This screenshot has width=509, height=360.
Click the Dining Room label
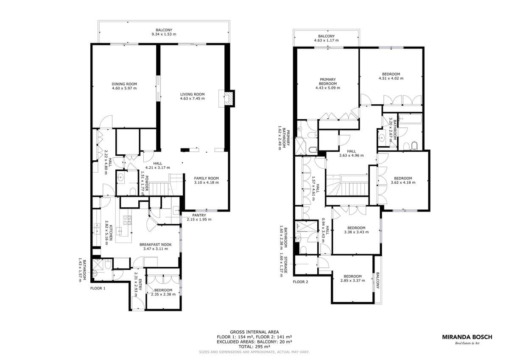(x=124, y=84)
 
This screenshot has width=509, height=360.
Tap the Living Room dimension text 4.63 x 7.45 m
(x=192, y=98)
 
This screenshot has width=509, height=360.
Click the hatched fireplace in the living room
(x=229, y=98)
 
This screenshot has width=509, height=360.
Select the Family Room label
(x=206, y=179)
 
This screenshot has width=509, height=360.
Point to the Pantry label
(x=199, y=215)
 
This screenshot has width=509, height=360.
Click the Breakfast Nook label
(x=155, y=245)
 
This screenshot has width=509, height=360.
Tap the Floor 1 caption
(x=98, y=288)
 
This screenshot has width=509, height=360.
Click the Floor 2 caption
(x=300, y=282)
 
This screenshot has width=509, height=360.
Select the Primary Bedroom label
(x=327, y=81)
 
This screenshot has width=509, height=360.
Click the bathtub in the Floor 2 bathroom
(x=410, y=119)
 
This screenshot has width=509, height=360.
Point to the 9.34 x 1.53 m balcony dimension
(x=164, y=34)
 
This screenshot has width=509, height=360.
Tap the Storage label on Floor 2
(x=285, y=265)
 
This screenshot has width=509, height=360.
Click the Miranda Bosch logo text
(x=467, y=337)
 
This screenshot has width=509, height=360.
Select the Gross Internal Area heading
(x=254, y=332)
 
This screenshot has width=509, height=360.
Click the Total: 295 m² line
(x=254, y=347)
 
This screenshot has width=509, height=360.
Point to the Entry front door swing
(x=138, y=303)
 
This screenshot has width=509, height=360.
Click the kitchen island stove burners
(x=127, y=220)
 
